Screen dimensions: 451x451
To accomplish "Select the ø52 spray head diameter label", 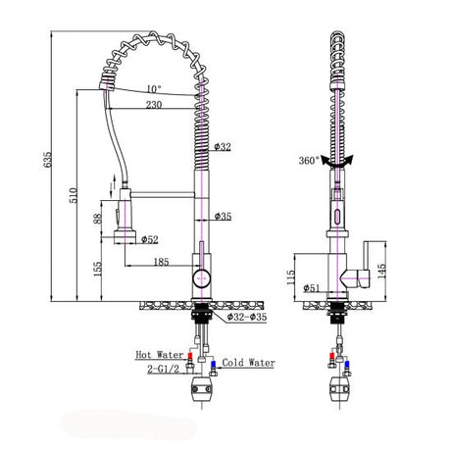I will [150, 238].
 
